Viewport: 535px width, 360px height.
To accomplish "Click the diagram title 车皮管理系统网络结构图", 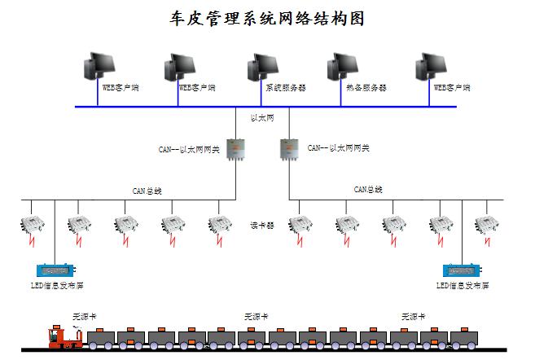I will click(266, 19).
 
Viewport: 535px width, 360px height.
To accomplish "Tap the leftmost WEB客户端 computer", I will click(103, 68).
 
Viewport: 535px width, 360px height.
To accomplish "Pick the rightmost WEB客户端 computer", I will click(429, 68).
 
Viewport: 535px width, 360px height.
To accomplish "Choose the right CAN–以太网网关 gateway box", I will click(289, 149).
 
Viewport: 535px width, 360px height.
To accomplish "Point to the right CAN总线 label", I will click(368, 189).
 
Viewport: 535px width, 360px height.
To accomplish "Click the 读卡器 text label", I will click(262, 225).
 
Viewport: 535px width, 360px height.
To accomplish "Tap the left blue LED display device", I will click(55, 270).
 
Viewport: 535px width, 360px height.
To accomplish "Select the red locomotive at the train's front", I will click(60, 336).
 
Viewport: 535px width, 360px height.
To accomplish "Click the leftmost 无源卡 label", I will click(84, 315).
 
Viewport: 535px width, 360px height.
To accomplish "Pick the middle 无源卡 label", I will click(256, 315).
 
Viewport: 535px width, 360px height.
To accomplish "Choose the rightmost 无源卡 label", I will click(413, 315).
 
